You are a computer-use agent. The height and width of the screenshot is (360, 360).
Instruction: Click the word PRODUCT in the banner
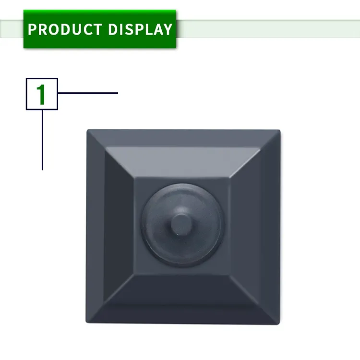coord(65,29)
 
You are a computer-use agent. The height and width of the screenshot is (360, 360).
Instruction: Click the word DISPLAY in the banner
coord(140,29)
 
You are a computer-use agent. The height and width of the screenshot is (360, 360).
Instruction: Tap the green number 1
coord(42,94)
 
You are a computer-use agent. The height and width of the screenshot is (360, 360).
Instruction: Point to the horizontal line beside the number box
coord(88,93)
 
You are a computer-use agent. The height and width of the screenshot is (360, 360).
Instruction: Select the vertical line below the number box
coord(42,140)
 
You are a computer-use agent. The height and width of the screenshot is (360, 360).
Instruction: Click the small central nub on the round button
coord(181,224)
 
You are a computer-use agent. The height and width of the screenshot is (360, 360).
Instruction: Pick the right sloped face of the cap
coord(246,226)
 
